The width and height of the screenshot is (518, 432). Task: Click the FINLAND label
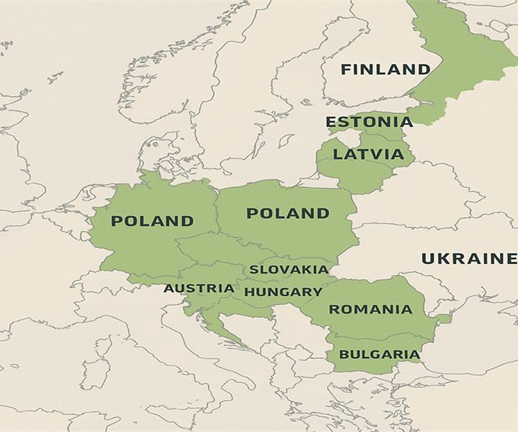385,69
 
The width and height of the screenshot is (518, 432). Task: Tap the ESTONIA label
369,122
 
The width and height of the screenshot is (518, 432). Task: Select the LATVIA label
369,154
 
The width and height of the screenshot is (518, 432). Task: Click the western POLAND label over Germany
152,222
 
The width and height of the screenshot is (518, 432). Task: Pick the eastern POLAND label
288,213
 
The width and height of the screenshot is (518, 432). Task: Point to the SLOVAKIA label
289,269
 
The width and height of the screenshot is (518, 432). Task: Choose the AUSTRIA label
199,288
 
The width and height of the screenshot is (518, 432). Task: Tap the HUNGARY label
283,292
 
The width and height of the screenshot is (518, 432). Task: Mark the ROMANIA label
371,310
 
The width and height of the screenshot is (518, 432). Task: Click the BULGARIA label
379,354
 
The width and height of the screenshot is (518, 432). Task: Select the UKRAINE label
469,259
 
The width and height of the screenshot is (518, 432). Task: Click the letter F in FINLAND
346,69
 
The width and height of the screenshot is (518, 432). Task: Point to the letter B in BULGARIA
343,354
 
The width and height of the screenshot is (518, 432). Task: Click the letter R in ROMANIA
334,310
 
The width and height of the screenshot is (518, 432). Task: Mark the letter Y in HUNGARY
317,292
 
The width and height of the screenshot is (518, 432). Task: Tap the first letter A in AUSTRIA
169,288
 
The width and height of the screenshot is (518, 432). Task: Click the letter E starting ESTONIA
331,122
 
